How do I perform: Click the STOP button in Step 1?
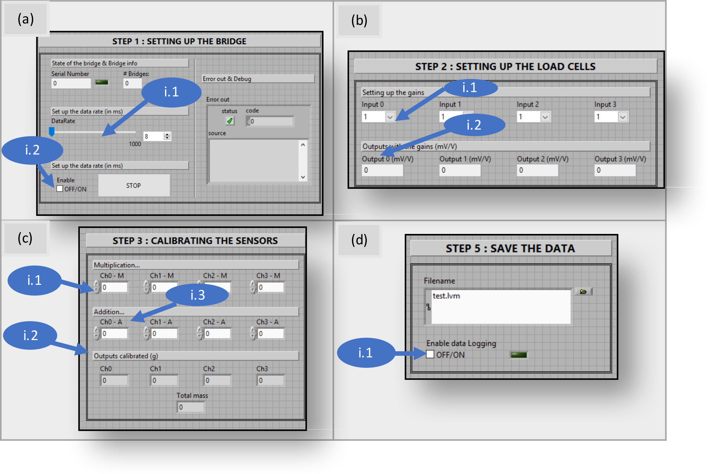click(134, 185)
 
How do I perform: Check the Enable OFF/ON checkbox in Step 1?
click(60, 189)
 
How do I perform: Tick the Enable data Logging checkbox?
click(430, 355)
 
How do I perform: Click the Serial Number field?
click(71, 83)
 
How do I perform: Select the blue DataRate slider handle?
click(52, 131)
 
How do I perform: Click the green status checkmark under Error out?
click(230, 121)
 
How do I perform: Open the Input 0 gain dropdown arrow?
click(390, 117)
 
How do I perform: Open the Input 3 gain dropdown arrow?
click(623, 117)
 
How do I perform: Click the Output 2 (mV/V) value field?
click(537, 170)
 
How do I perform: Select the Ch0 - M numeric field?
click(114, 287)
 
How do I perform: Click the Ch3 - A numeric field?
click(270, 334)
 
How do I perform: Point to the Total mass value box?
click(191, 407)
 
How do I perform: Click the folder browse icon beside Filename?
click(583, 292)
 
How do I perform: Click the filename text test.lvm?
click(446, 296)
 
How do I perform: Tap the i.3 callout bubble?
click(197, 295)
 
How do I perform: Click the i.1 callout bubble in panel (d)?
click(365, 353)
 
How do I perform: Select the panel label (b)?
click(359, 20)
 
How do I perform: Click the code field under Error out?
click(270, 121)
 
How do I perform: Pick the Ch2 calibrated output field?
click(217, 380)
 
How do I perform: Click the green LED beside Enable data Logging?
click(519, 355)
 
